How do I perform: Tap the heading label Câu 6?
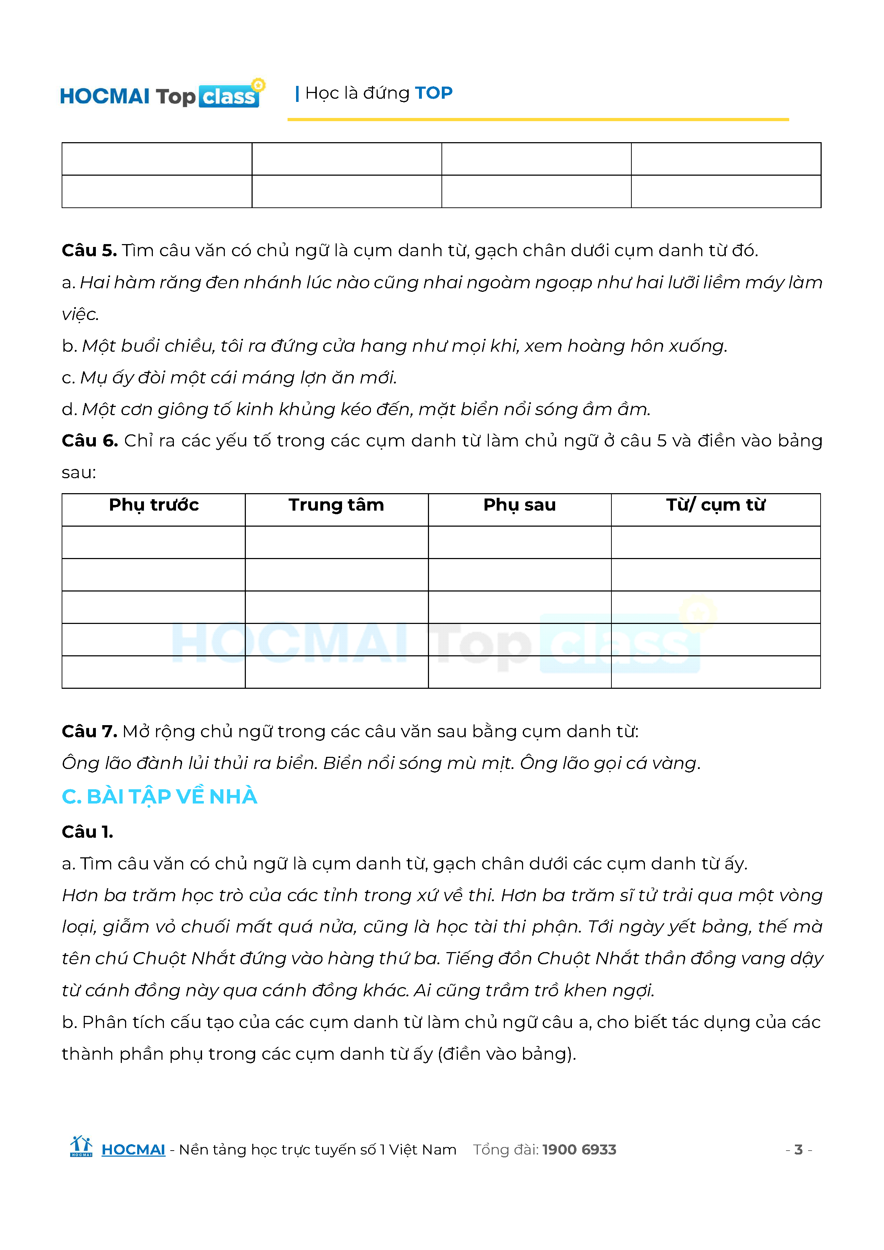[90, 440]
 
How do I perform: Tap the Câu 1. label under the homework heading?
[87, 832]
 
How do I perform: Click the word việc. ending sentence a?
[80, 315]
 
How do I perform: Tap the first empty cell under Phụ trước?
[154, 542]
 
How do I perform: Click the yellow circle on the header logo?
[259, 85]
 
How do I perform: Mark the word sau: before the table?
[78, 472]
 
